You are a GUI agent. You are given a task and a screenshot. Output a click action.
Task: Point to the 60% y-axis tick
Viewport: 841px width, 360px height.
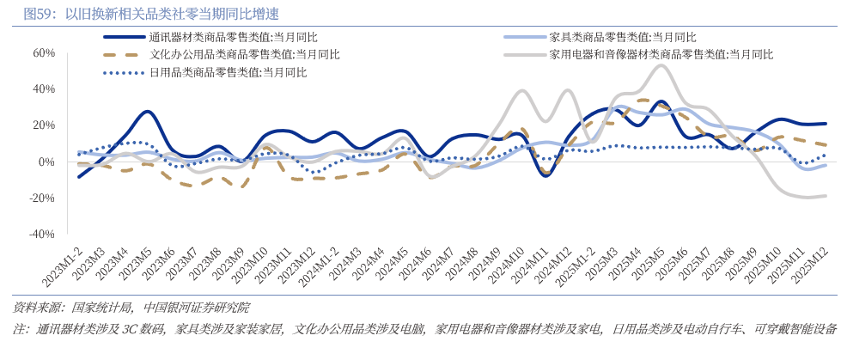(x=43, y=52)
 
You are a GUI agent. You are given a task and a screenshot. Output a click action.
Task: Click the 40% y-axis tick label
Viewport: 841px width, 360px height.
(x=43, y=88)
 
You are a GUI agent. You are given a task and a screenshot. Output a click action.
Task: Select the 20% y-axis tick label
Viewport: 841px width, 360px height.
(x=43, y=125)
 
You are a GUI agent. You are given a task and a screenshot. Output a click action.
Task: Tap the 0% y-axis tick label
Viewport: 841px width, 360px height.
(x=46, y=162)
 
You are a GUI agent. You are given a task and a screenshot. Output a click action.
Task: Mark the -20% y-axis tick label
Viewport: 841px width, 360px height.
(x=41, y=198)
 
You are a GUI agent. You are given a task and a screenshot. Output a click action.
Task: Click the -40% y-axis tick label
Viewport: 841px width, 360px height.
(x=41, y=234)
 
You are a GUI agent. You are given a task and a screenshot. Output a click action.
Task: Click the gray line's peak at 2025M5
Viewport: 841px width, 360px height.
(x=661, y=65)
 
